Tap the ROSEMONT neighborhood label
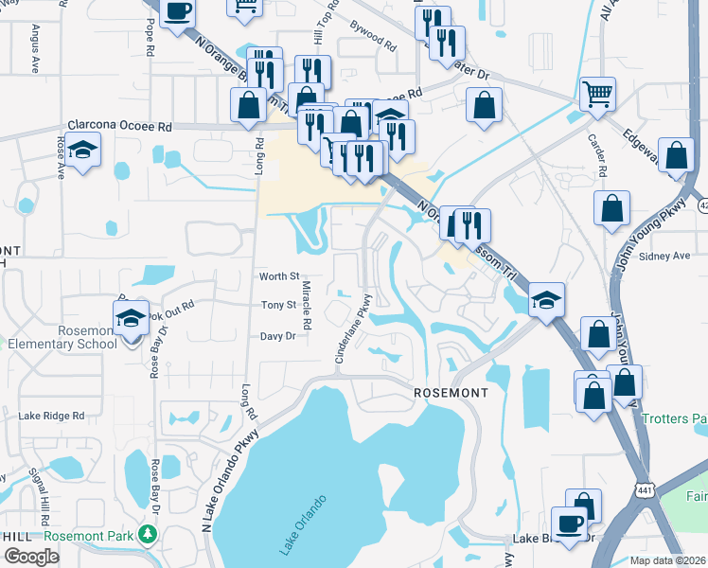point(451,392)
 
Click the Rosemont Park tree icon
point(147,536)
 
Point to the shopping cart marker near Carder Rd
point(597,95)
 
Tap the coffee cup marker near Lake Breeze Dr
point(570,524)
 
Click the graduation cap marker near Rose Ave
point(83,150)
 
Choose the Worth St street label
point(279,276)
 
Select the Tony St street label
point(279,305)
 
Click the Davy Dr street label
point(277,336)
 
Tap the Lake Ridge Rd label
point(52,416)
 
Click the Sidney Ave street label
point(666,257)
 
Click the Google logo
point(31,557)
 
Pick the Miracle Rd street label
point(307,305)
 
